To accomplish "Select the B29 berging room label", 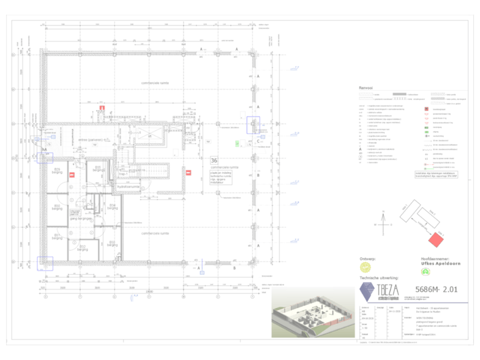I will pos(57,171).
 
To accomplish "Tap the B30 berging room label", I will pos(57,207).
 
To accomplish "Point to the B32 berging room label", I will pos(83,248).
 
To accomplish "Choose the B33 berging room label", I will pos(113,243).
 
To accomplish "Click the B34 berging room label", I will pos(113,205).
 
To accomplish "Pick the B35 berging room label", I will pos(97,167).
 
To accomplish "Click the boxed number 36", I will pos(214,161).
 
